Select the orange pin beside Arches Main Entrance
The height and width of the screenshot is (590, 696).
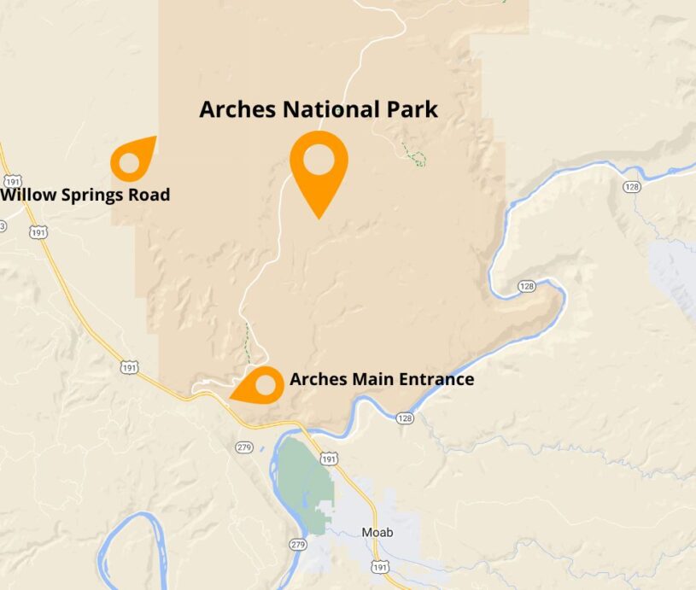tap(261, 386)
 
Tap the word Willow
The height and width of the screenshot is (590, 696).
tap(26, 196)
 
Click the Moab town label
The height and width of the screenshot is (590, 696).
tap(377, 532)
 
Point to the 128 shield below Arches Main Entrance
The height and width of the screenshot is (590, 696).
tap(405, 418)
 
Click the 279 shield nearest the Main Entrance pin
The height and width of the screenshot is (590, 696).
tap(244, 447)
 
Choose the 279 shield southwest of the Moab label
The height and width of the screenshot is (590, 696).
tap(297, 545)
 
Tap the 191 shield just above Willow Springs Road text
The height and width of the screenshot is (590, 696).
tap(13, 182)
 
